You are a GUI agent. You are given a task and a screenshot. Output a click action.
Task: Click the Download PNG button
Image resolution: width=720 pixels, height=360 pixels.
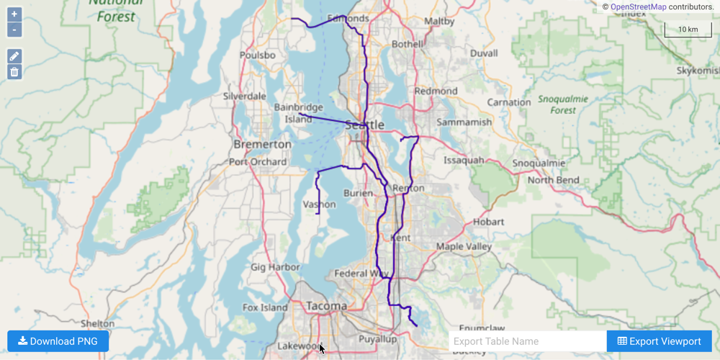(x=58, y=341)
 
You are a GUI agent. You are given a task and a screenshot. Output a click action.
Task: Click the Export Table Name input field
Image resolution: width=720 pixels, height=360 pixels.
(x=527, y=341)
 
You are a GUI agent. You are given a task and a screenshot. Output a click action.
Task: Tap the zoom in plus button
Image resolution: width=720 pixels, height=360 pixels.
(x=14, y=14)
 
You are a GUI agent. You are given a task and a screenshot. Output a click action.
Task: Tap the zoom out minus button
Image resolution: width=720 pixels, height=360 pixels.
(x=14, y=30)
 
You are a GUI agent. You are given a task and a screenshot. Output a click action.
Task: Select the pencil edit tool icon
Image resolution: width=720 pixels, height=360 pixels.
(x=14, y=56)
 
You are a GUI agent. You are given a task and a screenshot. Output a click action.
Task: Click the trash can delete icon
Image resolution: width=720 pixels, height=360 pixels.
(x=14, y=72)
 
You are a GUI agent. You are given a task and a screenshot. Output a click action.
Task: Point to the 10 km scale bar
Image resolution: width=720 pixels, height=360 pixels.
(x=688, y=30)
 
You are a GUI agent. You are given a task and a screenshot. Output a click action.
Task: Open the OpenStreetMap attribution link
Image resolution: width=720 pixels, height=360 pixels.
(x=638, y=6)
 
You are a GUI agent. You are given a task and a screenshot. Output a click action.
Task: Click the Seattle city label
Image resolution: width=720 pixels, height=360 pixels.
(x=365, y=125)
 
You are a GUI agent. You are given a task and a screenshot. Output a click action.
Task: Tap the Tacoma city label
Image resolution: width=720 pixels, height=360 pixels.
(x=326, y=306)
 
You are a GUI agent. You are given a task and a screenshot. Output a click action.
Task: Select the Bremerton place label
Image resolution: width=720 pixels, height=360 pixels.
(x=262, y=144)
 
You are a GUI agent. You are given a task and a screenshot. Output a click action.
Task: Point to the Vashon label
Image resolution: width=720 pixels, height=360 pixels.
(x=319, y=204)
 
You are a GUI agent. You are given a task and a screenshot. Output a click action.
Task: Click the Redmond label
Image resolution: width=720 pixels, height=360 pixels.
(x=436, y=91)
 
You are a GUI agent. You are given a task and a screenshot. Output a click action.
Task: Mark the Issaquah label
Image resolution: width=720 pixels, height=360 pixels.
(x=464, y=160)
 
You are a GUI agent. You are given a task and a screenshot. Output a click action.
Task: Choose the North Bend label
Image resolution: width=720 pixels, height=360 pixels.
(x=553, y=180)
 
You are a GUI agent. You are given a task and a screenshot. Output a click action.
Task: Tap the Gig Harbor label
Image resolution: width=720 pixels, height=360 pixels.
(x=275, y=267)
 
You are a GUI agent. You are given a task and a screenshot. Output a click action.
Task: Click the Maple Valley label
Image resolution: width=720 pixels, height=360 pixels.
(x=464, y=247)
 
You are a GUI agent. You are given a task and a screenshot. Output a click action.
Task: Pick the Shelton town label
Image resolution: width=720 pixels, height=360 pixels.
(x=97, y=324)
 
